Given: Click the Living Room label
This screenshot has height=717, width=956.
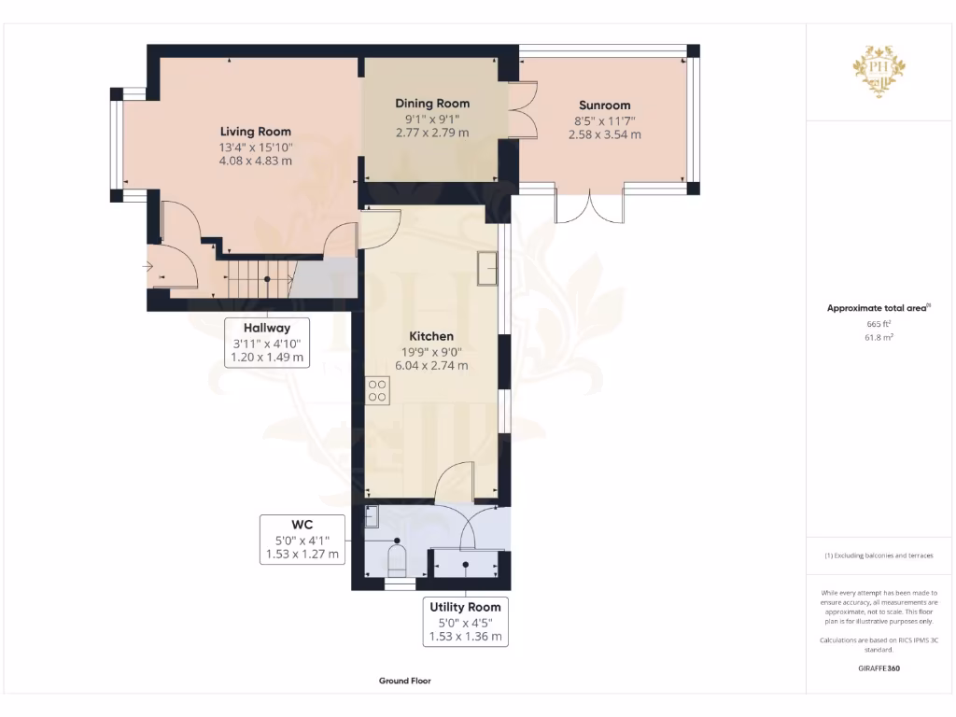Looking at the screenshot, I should pyautogui.click(x=255, y=132).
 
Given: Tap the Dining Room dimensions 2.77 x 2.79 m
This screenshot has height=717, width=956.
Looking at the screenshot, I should pyautogui.click(x=431, y=134).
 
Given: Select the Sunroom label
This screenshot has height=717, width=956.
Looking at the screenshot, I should pyautogui.click(x=604, y=105).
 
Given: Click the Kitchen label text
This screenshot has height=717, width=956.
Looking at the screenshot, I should pyautogui.click(x=431, y=336).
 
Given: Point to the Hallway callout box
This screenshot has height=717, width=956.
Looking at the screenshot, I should pyautogui.click(x=267, y=343).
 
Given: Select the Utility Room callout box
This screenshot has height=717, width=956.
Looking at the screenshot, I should pyautogui.click(x=465, y=622).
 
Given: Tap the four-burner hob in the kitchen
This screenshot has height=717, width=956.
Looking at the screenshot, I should pyautogui.click(x=378, y=389).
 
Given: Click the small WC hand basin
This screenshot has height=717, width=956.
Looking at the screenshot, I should pyautogui.click(x=372, y=514).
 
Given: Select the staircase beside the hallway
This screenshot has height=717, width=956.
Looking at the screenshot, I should pyautogui.click(x=250, y=278).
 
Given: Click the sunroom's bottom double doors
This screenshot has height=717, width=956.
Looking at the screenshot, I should pyautogui.click(x=590, y=207).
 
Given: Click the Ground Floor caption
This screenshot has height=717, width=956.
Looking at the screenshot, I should pyautogui.click(x=405, y=682).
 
